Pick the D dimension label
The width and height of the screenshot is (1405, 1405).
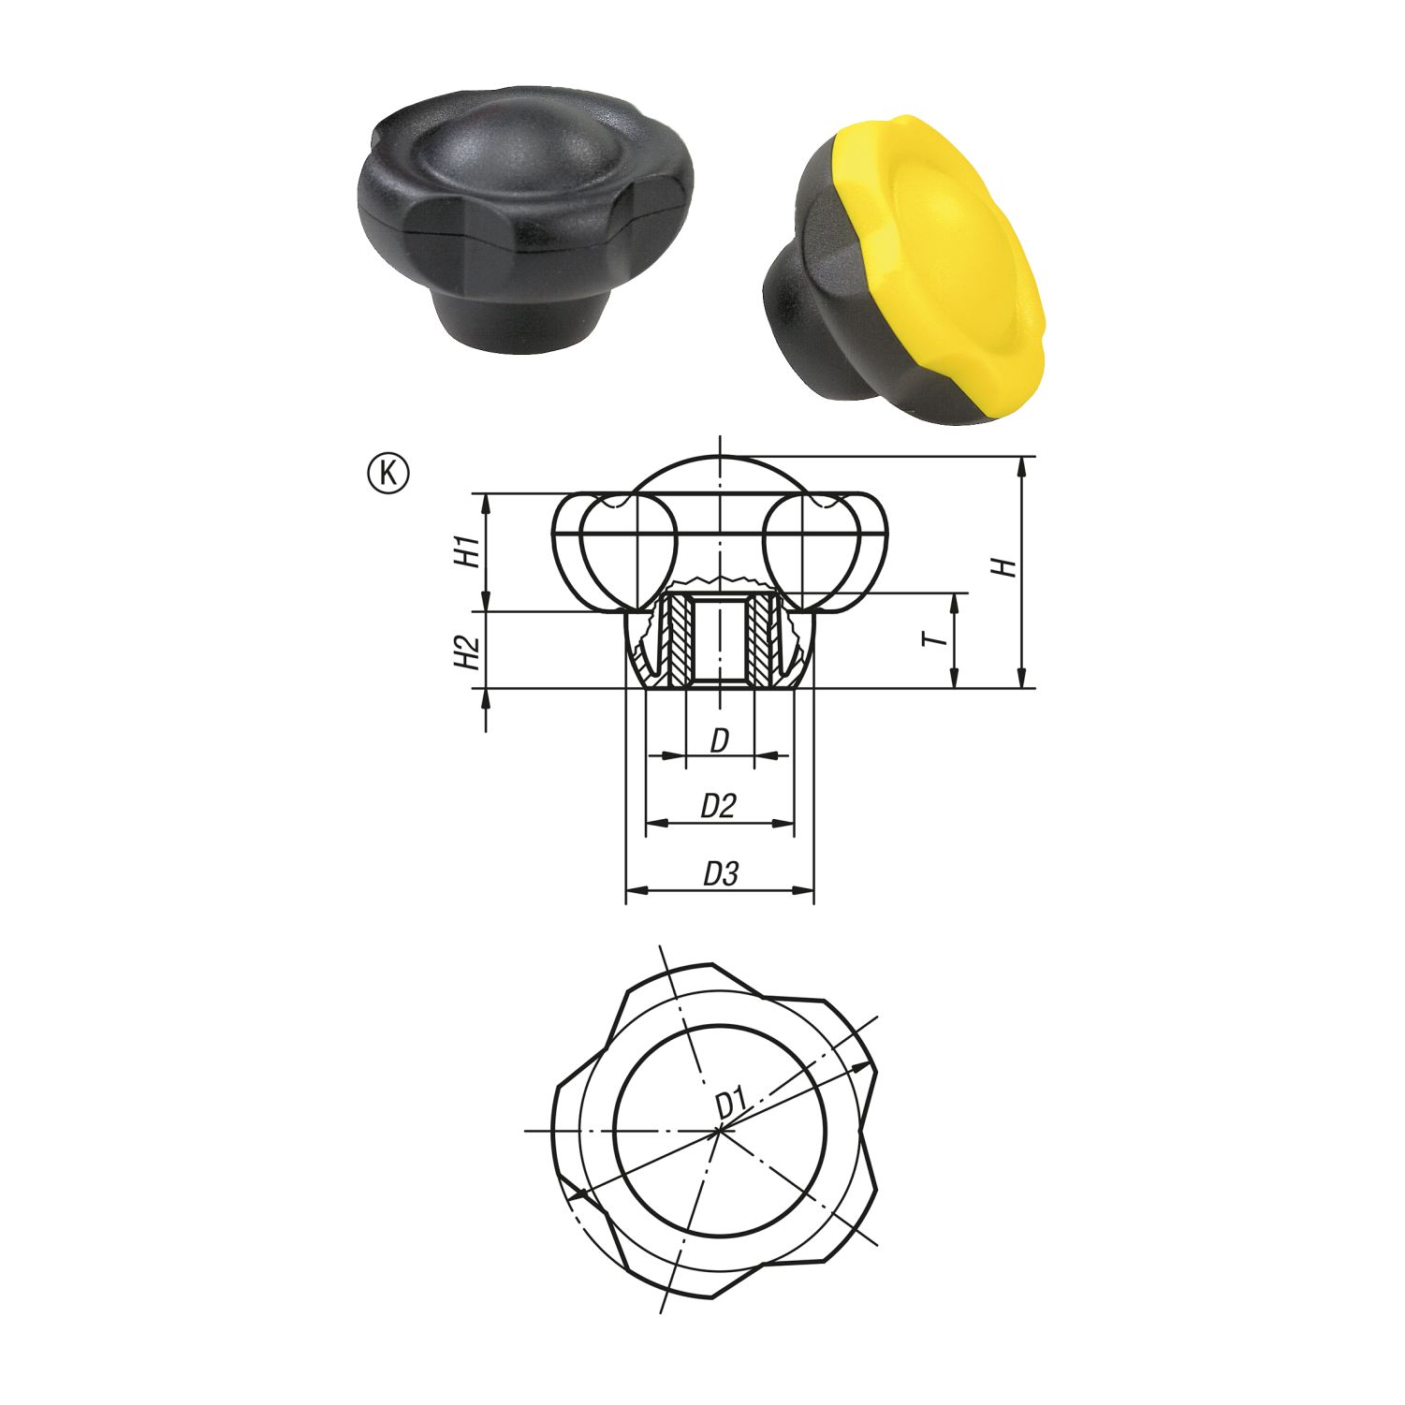719,740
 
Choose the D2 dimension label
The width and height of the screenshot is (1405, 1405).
719,806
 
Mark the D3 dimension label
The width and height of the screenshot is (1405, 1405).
721,874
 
